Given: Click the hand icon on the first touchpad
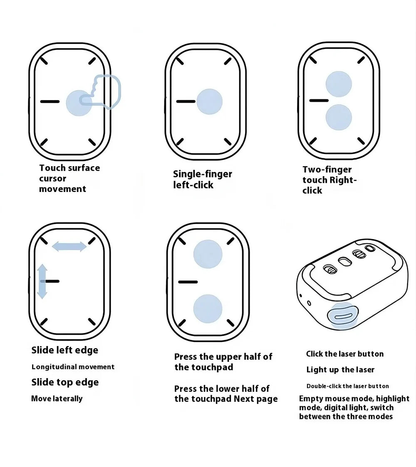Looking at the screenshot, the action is click(101, 92).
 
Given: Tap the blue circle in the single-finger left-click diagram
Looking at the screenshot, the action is click(210, 101).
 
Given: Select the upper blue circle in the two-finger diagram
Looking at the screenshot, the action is click(339, 84).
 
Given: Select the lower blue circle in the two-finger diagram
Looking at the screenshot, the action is click(339, 117).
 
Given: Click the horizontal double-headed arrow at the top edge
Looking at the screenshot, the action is click(69, 247).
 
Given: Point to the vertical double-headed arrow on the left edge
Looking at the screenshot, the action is click(42, 281).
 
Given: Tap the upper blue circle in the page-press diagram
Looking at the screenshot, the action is click(208, 254).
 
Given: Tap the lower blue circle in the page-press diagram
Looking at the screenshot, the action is click(208, 309).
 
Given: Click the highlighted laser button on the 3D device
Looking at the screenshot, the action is click(343, 316).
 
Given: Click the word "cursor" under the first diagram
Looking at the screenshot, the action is click(52, 179).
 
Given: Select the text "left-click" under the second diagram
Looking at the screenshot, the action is click(193, 185).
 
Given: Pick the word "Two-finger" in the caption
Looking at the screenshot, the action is click(327, 170).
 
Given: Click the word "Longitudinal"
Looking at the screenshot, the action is click(52, 367).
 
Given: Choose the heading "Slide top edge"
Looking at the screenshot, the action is click(65, 382).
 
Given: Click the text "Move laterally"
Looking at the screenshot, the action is click(57, 398).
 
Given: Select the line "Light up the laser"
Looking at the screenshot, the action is click(340, 370).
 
